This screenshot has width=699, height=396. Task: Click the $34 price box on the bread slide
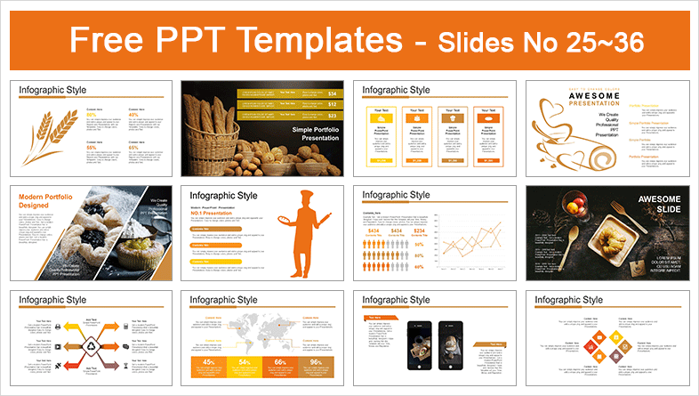pyautogui.click(x=333, y=93)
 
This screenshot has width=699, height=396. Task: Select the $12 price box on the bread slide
pyautogui.click(x=333, y=105)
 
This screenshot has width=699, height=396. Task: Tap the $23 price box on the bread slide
pyautogui.click(x=333, y=117)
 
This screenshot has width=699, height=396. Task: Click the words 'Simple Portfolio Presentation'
pyautogui.click(x=308, y=134)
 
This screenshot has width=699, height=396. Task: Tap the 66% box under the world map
pyautogui.click(x=278, y=366)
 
